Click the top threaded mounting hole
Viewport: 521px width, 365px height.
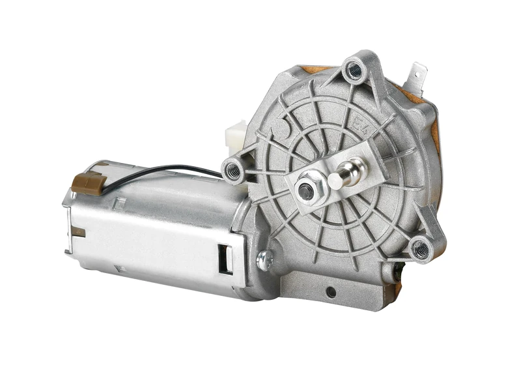[x=354, y=70]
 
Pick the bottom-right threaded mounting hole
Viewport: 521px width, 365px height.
[x=420, y=248]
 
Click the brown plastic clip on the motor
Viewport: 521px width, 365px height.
[x=87, y=183]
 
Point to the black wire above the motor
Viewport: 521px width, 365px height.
[x=163, y=171]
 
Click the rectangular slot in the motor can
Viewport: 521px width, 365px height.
[x=225, y=259]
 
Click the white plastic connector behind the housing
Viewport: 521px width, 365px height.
[x=234, y=135]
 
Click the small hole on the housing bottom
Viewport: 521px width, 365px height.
[x=331, y=289]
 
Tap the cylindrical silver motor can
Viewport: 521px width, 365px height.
[x=156, y=228]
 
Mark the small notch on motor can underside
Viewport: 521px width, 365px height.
[x=119, y=268]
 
